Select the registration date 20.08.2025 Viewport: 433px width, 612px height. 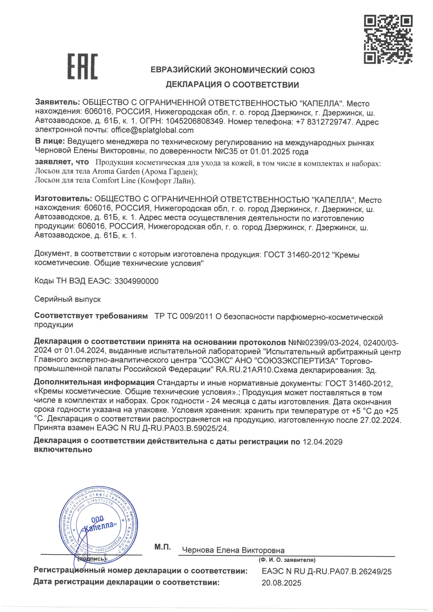tap(282, 583)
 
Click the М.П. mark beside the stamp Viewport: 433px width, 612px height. tap(162, 547)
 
